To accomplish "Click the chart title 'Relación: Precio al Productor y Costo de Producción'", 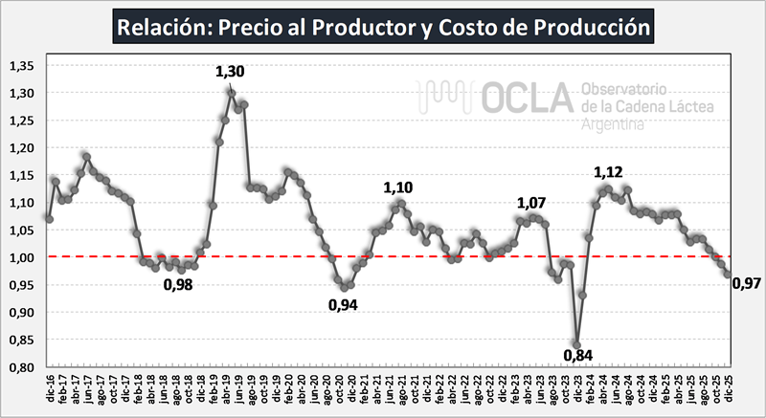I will [383, 27].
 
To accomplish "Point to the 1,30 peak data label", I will [230, 72].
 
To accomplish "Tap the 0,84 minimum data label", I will [577, 357].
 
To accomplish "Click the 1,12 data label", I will [608, 173].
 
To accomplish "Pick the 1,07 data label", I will [531, 203].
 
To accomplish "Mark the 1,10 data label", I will [398, 187].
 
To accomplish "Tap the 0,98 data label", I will [177, 283].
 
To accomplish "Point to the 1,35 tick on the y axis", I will [21, 66].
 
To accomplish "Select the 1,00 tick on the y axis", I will [21, 257].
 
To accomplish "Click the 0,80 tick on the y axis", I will [21, 367].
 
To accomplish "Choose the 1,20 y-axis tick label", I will [21, 148].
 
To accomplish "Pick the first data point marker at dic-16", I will [49, 218].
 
